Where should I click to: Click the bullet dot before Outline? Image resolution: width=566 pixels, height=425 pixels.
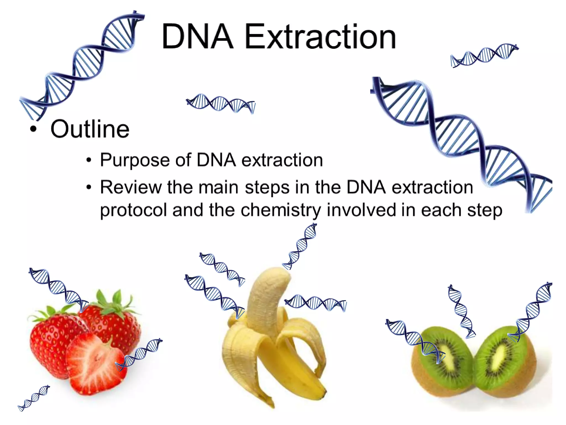pyautogui.click(x=33, y=129)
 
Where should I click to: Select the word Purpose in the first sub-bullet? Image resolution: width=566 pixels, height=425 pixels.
pyautogui.click(x=135, y=160)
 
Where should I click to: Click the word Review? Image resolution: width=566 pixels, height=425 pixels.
pyautogui.click(x=131, y=187)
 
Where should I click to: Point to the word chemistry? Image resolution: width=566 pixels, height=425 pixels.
pyautogui.click(x=281, y=210)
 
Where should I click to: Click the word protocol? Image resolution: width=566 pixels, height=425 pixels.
pyautogui.click(x=133, y=210)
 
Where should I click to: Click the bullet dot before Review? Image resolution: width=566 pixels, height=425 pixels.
pyautogui.click(x=89, y=187)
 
